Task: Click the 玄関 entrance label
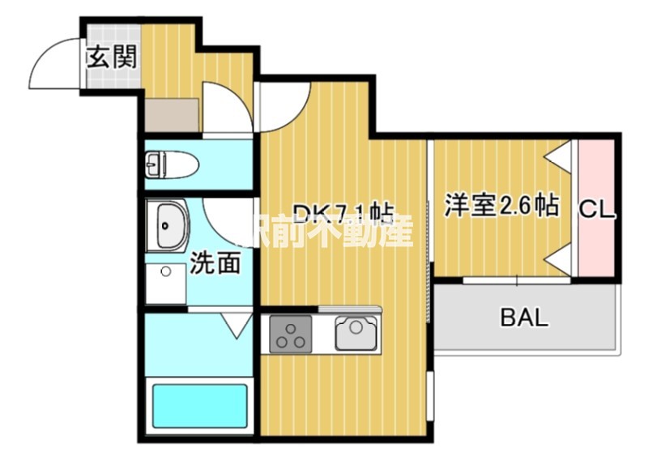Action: point(112,58)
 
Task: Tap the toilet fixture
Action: point(173,166)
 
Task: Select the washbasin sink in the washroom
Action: point(168,225)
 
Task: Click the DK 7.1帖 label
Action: point(342,214)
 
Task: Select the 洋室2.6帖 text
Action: point(501,205)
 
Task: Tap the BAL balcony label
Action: point(523,317)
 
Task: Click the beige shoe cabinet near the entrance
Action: point(173,115)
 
